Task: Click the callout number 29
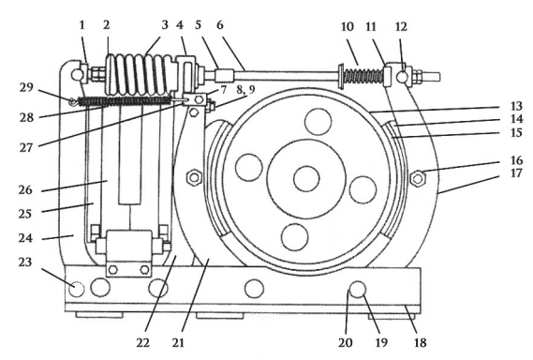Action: pyautogui.click(x=26, y=88)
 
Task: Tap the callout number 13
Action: pyautogui.click(x=516, y=106)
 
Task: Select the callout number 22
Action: pyautogui.click(x=142, y=342)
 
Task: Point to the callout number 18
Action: pyautogui.click(x=421, y=342)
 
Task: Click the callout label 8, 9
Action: pyautogui.click(x=245, y=90)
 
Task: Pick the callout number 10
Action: pyautogui.click(x=348, y=26)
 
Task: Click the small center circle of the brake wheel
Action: pyautogui.click(x=306, y=179)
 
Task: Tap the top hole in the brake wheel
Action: pyautogui.click(x=318, y=122)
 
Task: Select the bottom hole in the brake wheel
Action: pyautogui.click(x=295, y=237)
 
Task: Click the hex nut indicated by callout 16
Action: pyautogui.click(x=418, y=178)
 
